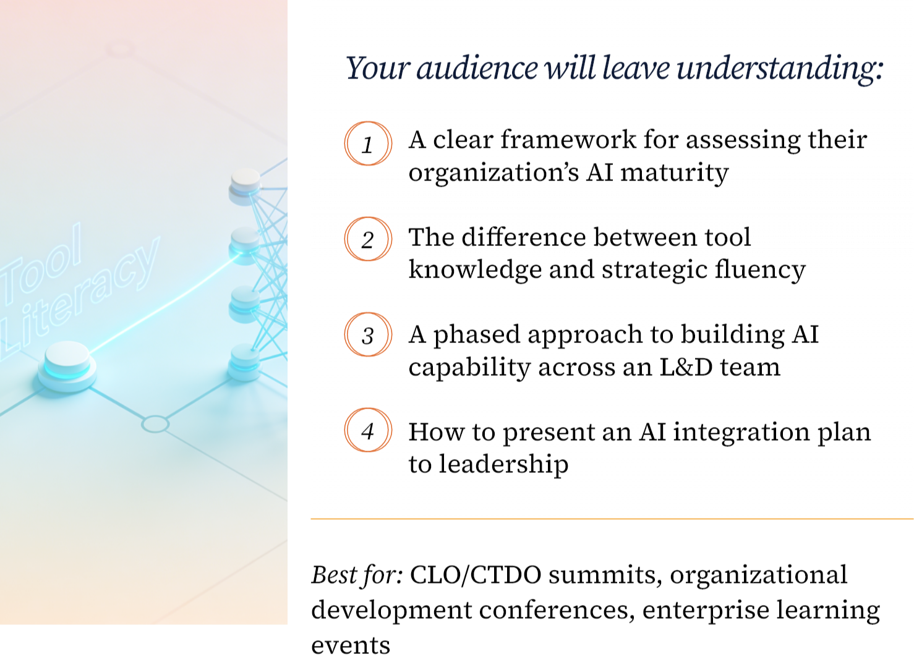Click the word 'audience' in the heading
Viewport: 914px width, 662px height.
(x=477, y=68)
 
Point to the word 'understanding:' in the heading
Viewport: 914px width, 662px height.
(x=780, y=69)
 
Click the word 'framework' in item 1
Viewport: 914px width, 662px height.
(x=568, y=140)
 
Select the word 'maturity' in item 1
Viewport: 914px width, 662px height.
(x=675, y=173)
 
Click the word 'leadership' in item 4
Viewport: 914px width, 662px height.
(x=503, y=465)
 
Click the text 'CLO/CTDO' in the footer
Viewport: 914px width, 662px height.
(x=476, y=575)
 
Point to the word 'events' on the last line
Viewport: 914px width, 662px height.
(x=351, y=646)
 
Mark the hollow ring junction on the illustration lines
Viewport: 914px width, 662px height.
(x=155, y=424)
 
